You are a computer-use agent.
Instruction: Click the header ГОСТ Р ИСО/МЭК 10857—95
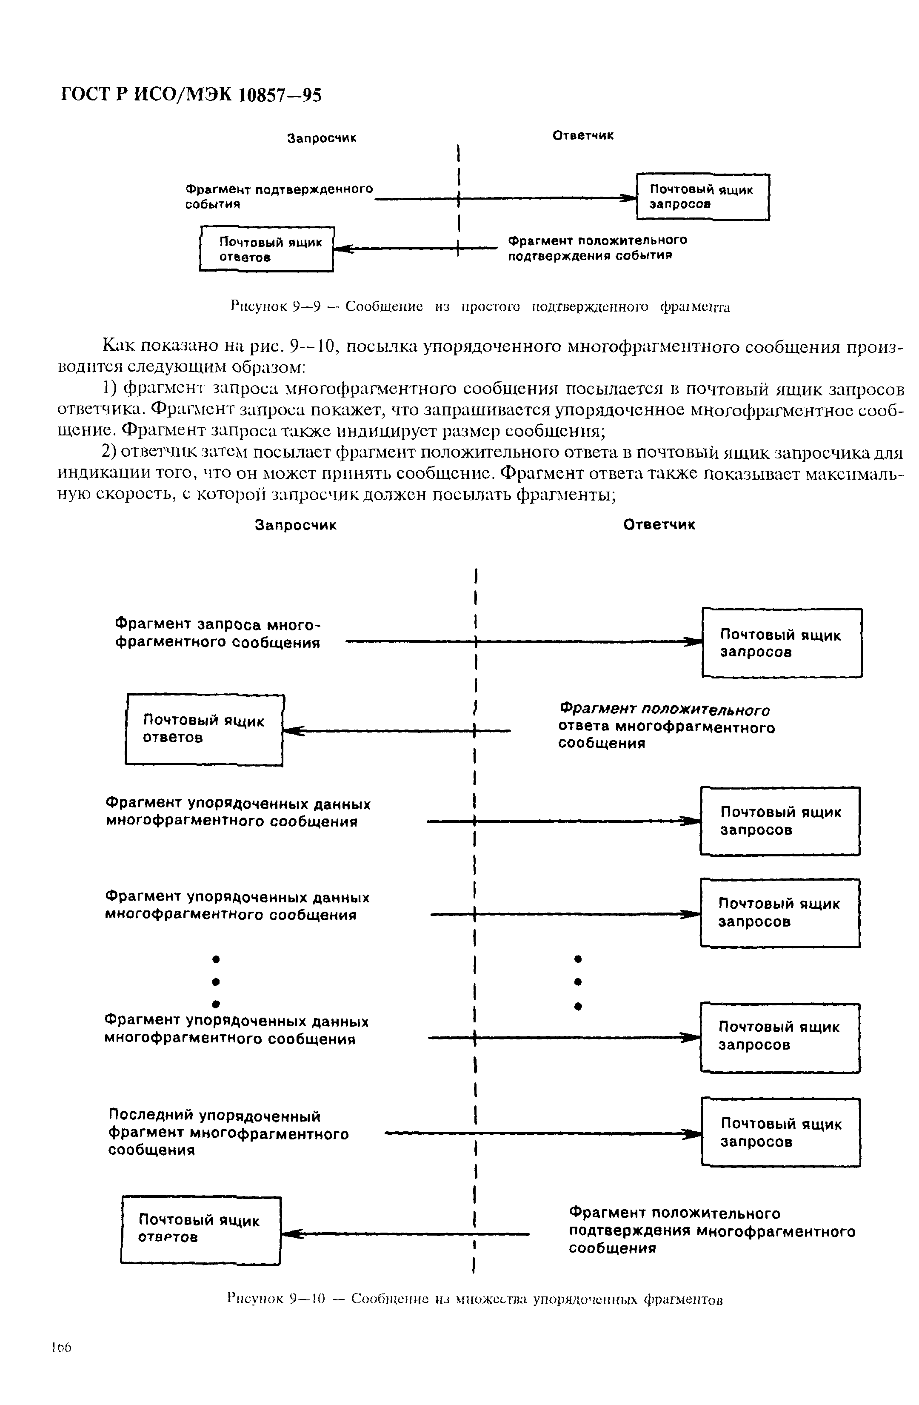[192, 94]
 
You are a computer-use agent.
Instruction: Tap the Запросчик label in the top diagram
[322, 138]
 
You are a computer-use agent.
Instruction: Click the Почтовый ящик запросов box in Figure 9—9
[702, 197]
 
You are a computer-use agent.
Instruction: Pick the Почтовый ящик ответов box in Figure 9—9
[267, 249]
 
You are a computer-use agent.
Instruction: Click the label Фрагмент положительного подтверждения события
[597, 248]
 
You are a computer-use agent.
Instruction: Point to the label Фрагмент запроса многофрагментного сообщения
[217, 633]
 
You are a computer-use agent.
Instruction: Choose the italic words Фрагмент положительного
[665, 710]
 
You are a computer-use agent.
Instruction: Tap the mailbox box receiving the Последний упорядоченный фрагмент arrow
[780, 1132]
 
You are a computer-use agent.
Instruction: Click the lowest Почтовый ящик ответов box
[201, 1229]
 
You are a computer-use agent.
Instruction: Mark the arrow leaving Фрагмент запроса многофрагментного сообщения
[519, 641]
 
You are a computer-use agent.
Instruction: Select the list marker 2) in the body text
[110, 452]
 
